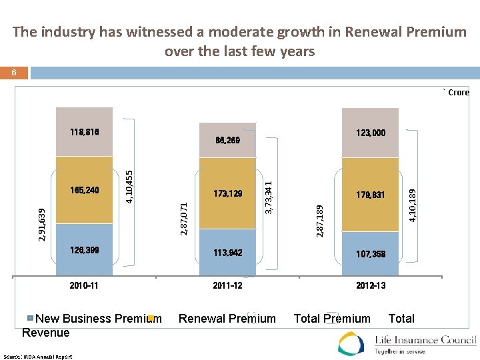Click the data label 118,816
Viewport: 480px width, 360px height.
(84, 132)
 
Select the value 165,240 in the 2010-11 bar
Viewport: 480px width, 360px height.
(84, 190)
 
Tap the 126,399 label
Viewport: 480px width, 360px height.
(84, 251)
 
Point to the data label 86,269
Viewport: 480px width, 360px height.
(227, 141)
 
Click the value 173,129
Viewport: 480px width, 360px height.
(227, 194)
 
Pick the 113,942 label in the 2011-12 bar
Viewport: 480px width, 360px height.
(227, 253)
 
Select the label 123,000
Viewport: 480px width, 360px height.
(370, 133)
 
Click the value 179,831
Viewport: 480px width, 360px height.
(370, 195)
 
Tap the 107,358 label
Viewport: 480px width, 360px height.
(370, 254)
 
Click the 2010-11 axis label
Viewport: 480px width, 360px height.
(84, 285)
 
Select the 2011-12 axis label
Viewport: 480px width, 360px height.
(227, 285)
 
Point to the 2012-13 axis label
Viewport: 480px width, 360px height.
(370, 285)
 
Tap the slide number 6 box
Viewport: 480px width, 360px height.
(14, 72)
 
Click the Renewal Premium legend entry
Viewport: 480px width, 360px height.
(227, 319)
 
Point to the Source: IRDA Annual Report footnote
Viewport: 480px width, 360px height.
(47, 357)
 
